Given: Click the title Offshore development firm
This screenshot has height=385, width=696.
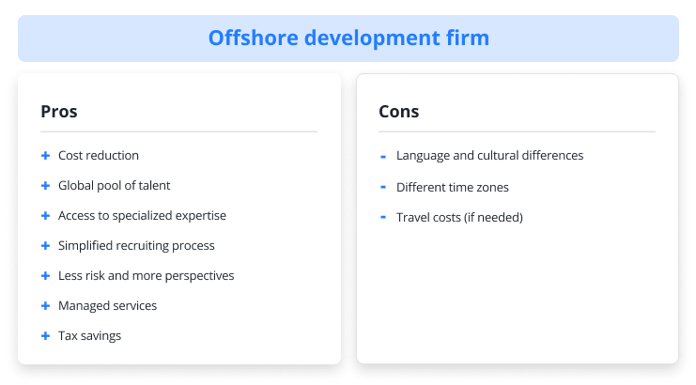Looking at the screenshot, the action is click(348, 38).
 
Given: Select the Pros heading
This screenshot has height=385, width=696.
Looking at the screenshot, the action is click(59, 112).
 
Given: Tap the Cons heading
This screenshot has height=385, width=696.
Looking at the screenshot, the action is click(398, 112).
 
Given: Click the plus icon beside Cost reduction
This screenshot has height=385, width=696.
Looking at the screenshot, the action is click(45, 156).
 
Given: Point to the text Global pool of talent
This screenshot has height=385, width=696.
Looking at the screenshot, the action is click(114, 186).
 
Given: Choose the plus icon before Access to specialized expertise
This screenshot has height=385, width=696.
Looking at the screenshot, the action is click(45, 216).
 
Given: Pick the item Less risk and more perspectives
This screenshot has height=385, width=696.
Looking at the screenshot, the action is click(146, 276).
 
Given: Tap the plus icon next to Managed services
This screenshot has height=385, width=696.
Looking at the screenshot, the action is click(45, 306).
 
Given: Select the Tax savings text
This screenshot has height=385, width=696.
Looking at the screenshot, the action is click(89, 336).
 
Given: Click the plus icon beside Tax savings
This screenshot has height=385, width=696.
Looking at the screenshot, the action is click(45, 336).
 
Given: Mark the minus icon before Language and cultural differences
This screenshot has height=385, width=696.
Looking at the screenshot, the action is click(383, 157).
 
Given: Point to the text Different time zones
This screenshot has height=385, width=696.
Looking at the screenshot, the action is click(453, 187).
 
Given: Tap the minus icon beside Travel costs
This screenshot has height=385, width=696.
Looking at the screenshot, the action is click(383, 217).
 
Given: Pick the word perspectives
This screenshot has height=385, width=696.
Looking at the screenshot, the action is click(199, 276).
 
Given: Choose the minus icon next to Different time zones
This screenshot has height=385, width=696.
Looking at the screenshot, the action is click(383, 187).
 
